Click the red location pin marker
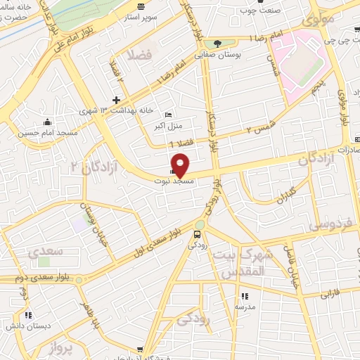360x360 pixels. coord(181,165)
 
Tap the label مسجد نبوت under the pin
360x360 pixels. coord(174,181)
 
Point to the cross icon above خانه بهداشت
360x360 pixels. coord(117,98)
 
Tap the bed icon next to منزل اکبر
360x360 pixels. coord(167,115)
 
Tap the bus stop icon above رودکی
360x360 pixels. coord(198,233)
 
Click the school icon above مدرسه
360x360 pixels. coord(244,296)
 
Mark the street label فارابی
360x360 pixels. coord(330,295)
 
